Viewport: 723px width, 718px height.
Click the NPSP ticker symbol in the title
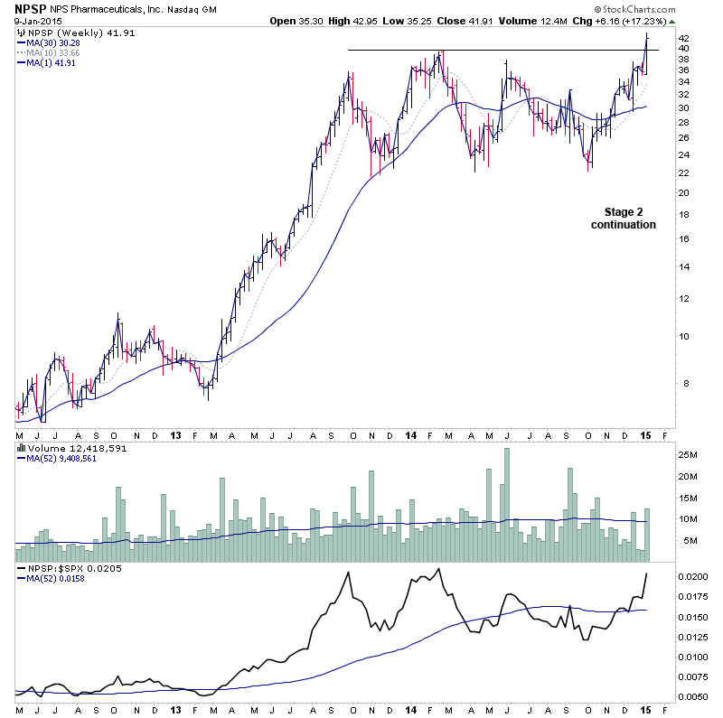[31, 9]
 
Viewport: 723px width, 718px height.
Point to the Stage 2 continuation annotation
[624, 218]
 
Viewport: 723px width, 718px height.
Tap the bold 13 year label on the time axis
[175, 434]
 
